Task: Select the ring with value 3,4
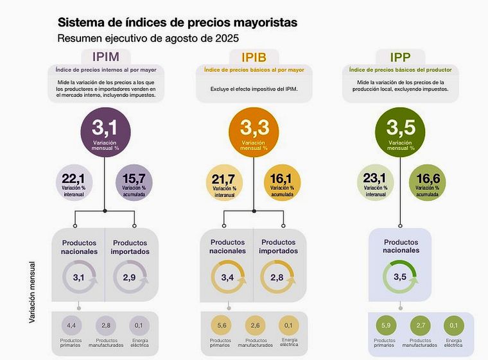tap(226, 277)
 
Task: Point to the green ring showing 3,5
tap(400, 277)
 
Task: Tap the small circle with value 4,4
tap(71, 326)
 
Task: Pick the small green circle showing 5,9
tap(386, 326)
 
